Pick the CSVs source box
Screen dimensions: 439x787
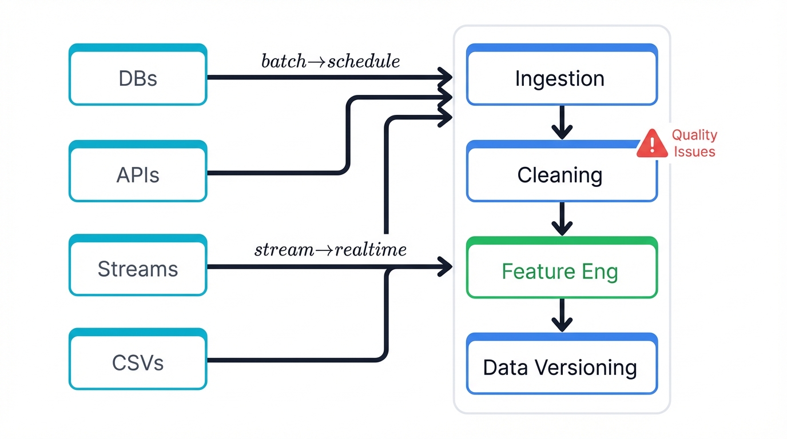pos(138,361)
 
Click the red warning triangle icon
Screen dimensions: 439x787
pos(652,143)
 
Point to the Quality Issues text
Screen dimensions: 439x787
pos(694,143)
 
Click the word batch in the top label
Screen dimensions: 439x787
pos(284,61)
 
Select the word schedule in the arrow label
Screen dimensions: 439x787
pos(363,61)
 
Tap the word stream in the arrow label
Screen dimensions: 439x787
pos(284,250)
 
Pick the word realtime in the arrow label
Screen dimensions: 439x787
pos(371,250)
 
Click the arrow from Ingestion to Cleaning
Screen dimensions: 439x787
pos(562,122)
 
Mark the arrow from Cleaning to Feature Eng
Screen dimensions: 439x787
pos(562,218)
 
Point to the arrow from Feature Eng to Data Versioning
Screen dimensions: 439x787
pos(562,315)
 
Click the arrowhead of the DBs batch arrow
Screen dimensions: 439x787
pos(445,76)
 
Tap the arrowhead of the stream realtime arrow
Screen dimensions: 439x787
pos(445,266)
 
